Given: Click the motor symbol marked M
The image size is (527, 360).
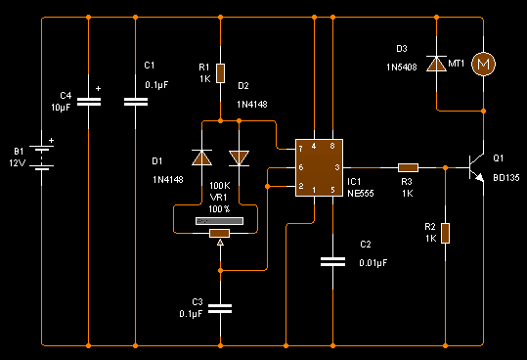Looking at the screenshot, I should coord(483,64).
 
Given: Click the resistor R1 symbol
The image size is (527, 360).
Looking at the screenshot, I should coord(221,73).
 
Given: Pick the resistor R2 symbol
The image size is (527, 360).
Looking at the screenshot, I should coord(445,233).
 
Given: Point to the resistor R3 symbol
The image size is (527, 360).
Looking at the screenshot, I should coord(408,168).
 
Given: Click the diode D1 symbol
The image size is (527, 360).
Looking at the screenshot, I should coord(202,157).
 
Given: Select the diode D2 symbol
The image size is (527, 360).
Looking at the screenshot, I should coord(239,157).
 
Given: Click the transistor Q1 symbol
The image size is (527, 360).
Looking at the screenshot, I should coord(477,168).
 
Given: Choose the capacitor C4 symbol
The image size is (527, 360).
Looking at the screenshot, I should coord(89,100).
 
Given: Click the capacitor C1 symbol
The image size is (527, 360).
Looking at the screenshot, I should coord(135,100).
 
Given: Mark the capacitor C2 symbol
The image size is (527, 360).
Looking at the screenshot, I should coord(333,260).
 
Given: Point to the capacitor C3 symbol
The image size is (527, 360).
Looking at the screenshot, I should coord(221,309).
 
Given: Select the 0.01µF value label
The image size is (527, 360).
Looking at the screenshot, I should coord(373,262).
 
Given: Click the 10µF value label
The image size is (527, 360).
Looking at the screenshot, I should coord(60,107).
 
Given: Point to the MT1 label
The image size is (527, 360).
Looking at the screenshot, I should coord(456,64).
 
